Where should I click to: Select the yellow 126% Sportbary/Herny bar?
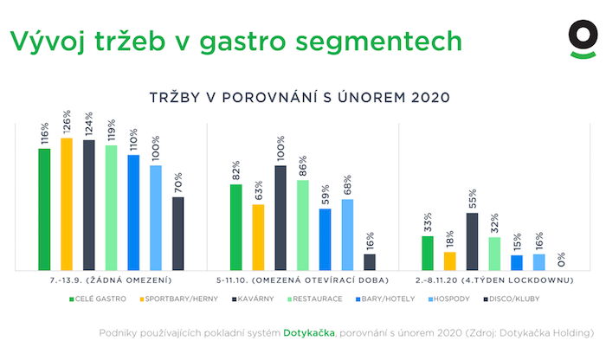pyautogui.click(x=67, y=204)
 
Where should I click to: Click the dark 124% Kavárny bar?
pyautogui.click(x=88, y=205)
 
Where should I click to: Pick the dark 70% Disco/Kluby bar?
pyautogui.click(x=177, y=234)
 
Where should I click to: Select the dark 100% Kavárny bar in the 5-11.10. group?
pyautogui.click(x=280, y=218)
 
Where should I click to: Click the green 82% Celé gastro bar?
pyautogui.click(x=235, y=228)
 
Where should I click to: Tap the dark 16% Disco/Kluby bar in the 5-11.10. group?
pyautogui.click(x=370, y=262)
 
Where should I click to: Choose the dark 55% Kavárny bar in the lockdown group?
pyautogui.click(x=472, y=241)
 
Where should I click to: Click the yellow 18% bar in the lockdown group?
pyautogui.click(x=449, y=261)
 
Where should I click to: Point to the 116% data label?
pyautogui.click(x=44, y=134)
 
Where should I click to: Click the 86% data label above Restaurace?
pyautogui.click(x=303, y=166)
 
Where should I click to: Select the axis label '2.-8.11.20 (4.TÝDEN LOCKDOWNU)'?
pyautogui.click(x=494, y=281)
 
